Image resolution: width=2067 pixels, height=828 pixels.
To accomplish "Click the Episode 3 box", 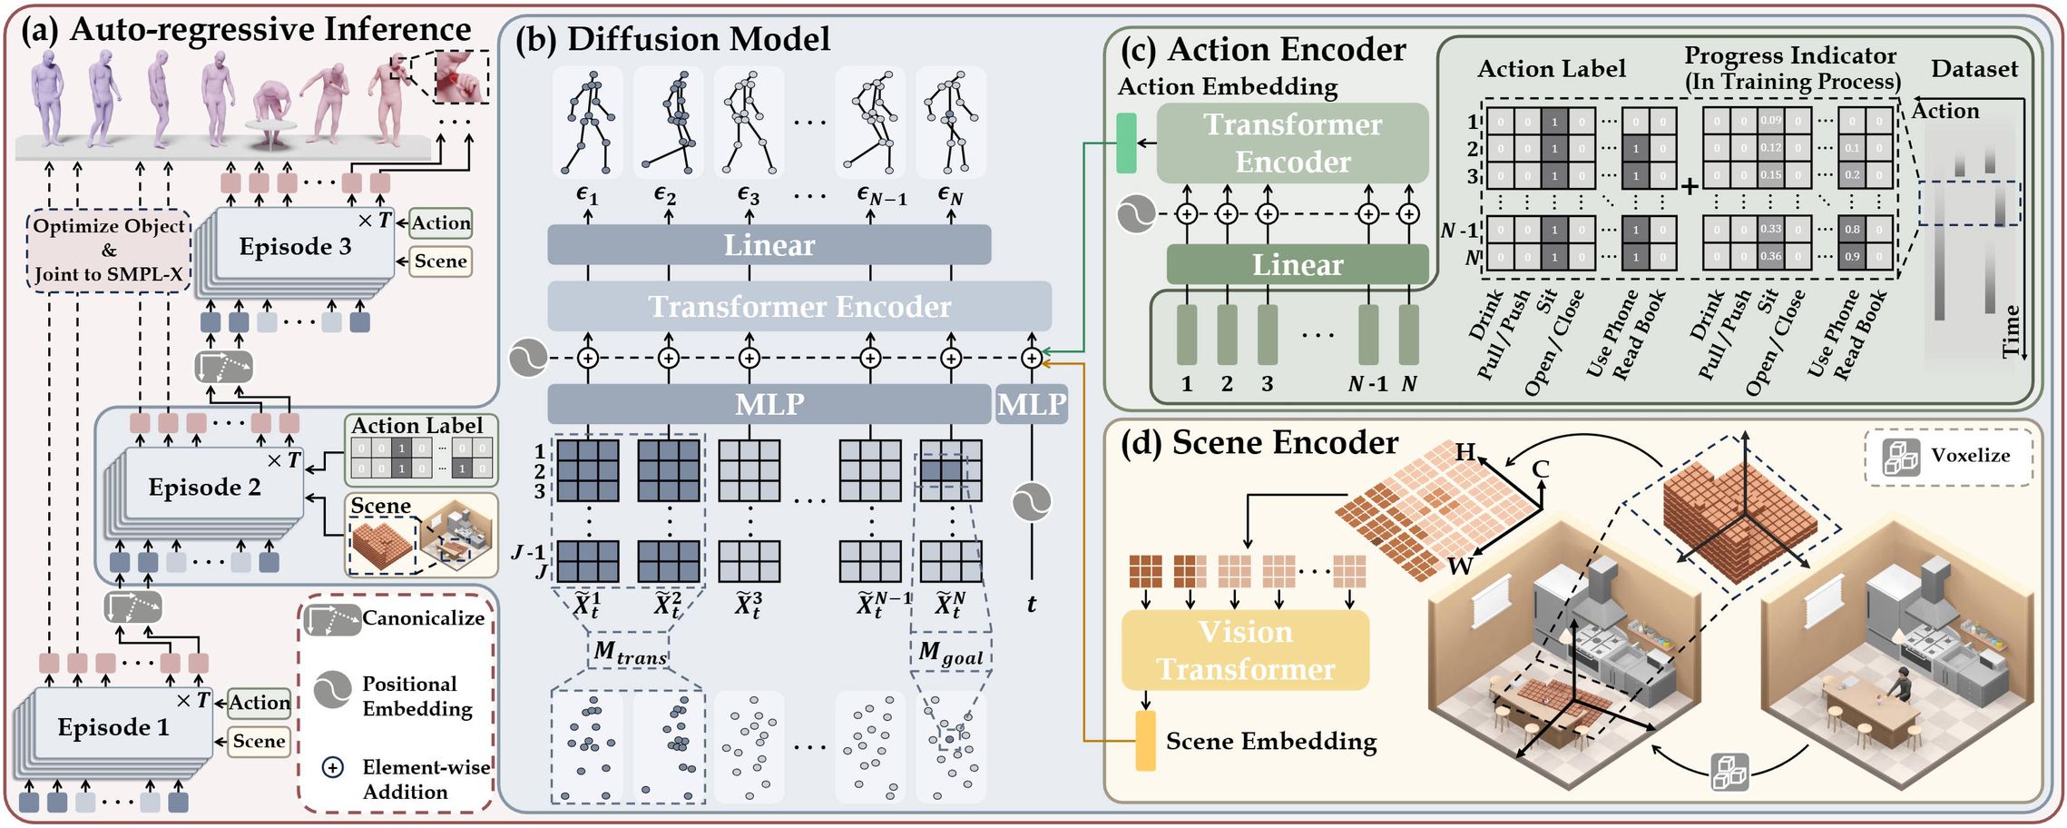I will point(295,246).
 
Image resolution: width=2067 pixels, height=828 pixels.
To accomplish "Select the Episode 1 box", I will point(113,726).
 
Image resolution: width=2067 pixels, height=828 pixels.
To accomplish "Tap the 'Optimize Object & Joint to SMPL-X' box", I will point(109,251).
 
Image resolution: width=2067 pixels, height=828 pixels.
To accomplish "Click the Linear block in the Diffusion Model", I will point(769,245).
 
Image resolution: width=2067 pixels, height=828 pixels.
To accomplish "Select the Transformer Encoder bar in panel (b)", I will point(798,307).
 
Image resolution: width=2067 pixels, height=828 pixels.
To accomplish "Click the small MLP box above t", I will point(1031,404).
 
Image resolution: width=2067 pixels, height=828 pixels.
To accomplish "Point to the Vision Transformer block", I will point(1245,650).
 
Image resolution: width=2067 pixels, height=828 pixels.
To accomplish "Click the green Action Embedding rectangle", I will point(1125,143).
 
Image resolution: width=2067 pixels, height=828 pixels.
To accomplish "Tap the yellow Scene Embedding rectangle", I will point(1146,741).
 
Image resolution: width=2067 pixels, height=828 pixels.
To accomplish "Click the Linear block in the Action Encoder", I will point(1297,264).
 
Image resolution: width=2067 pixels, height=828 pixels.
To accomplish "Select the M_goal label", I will point(950,653).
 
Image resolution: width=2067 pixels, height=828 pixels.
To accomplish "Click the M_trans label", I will point(630,653).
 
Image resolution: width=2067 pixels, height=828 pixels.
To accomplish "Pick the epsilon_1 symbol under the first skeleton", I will point(587,195).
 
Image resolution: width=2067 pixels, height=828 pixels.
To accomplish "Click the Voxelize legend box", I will point(1947,457).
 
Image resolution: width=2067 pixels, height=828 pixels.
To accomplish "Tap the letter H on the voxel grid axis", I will point(1465,451).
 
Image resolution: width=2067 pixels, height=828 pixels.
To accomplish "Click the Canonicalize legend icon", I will point(332,619).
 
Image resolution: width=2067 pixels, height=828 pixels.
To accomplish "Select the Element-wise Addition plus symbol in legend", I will point(333,767).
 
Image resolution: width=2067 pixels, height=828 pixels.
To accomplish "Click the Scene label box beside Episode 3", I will point(440,261).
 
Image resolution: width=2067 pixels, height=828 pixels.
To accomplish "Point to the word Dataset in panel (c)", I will point(1974,69).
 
